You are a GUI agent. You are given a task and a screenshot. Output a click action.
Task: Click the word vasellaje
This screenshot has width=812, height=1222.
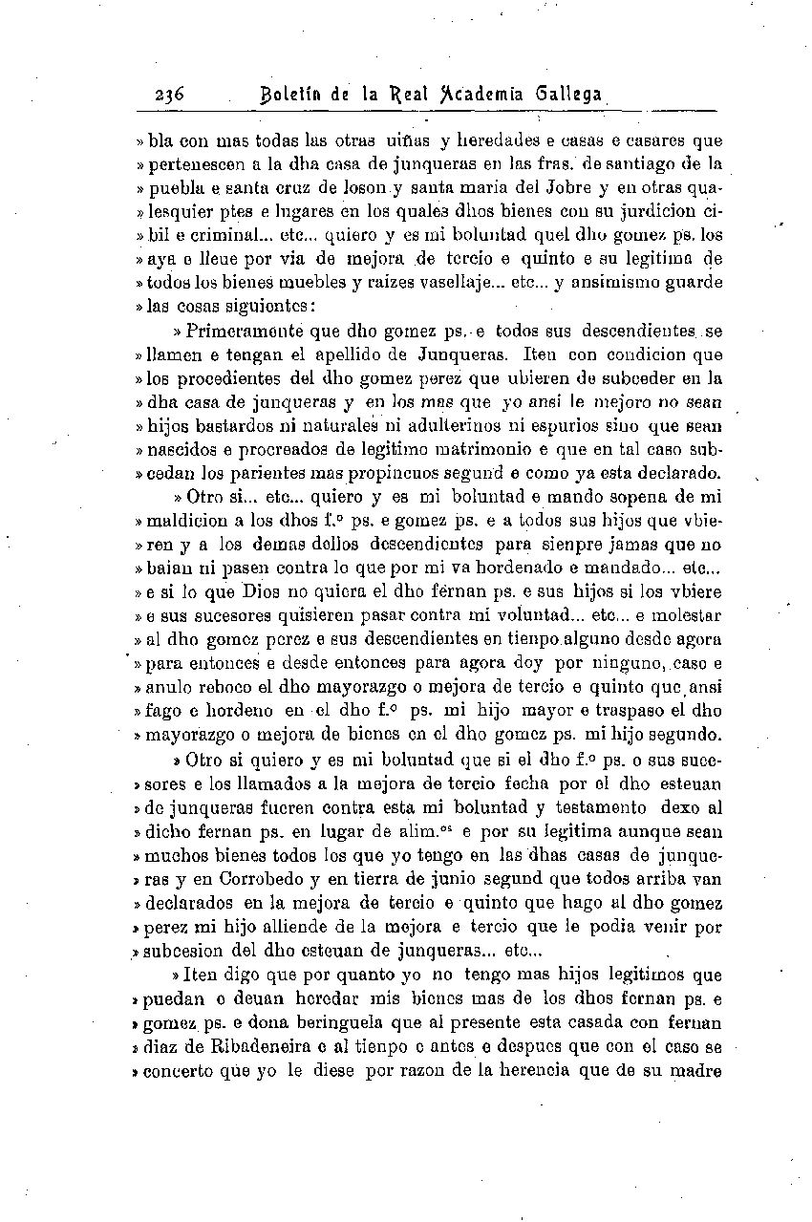436,283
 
